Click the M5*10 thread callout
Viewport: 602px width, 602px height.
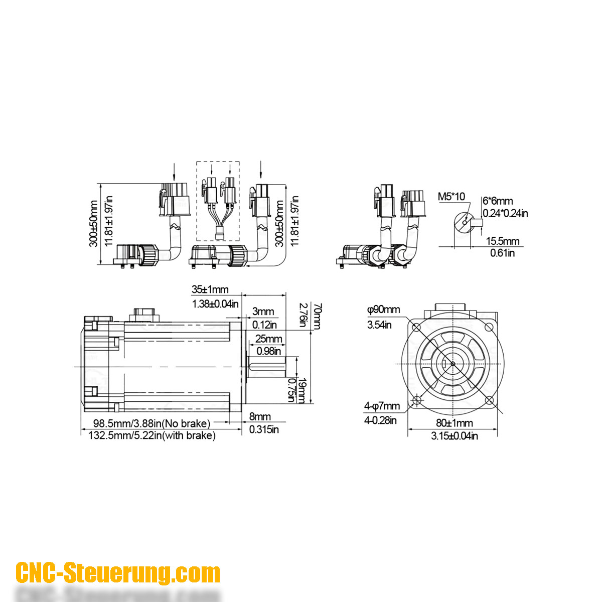pyautogui.click(x=452, y=196)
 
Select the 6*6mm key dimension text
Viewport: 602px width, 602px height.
pyautogui.click(x=498, y=201)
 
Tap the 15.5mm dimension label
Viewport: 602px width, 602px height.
pyautogui.click(x=503, y=241)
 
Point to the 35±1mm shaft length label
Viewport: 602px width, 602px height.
pyautogui.click(x=210, y=289)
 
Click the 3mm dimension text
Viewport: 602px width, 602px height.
pyautogui.click(x=263, y=312)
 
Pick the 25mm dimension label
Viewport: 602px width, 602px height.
pyautogui.click(x=268, y=339)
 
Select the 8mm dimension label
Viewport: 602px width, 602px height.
pyautogui.click(x=260, y=416)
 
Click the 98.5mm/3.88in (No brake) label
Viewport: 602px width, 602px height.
pyautogui.click(x=148, y=424)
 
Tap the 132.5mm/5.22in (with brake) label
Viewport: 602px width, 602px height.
pyautogui.click(x=152, y=435)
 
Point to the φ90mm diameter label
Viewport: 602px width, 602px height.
pyautogui.click(x=383, y=310)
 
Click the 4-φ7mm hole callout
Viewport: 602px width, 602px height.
pyautogui.click(x=382, y=406)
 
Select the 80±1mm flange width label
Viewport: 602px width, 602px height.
pyautogui.click(x=454, y=423)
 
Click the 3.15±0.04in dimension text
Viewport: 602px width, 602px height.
pyautogui.click(x=454, y=436)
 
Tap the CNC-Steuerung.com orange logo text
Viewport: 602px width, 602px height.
pyautogui.click(x=118, y=573)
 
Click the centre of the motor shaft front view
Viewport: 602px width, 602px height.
pyautogui.click(x=453, y=364)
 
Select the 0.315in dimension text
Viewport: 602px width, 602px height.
pyautogui.click(x=264, y=429)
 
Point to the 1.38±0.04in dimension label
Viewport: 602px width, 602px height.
pyautogui.click(x=215, y=304)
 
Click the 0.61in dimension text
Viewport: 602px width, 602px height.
pyautogui.click(x=502, y=253)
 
